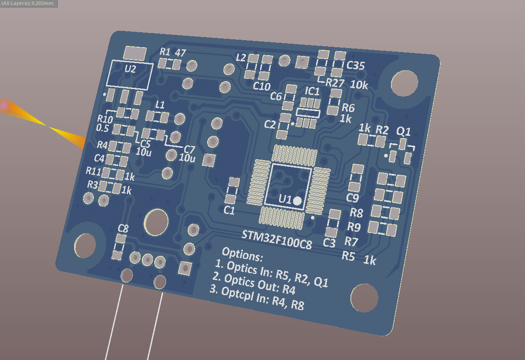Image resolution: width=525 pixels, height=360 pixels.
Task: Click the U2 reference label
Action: (130, 69)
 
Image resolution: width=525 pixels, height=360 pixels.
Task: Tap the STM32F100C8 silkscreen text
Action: (276, 240)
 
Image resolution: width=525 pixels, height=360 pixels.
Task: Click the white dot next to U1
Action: (297, 201)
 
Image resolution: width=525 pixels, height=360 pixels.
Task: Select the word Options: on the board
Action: (242, 255)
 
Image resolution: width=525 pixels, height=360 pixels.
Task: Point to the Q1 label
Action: (403, 131)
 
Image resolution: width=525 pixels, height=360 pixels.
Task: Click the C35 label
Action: (356, 65)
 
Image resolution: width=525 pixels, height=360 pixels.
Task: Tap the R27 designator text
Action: (335, 82)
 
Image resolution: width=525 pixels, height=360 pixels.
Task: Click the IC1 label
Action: (312, 91)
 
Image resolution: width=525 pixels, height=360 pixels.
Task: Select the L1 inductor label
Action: (160, 105)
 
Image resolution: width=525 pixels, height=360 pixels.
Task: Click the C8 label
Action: (123, 229)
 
